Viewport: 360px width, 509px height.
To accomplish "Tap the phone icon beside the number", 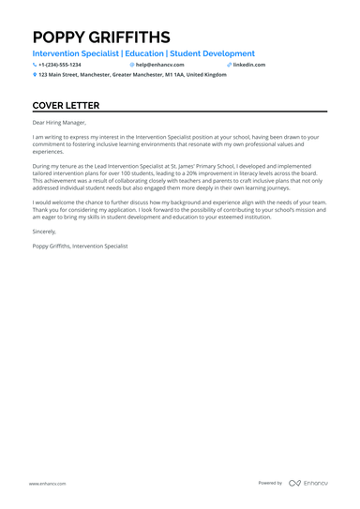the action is click(35, 65).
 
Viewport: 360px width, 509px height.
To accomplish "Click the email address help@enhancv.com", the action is click(160, 65).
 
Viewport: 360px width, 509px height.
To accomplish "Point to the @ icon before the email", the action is click(132, 65).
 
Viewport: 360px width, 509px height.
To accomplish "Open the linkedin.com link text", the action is click(249, 65).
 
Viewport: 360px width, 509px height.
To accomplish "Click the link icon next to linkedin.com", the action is click(229, 65).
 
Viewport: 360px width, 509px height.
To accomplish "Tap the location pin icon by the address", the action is click(35, 74).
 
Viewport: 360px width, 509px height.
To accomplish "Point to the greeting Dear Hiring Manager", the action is click(59, 122).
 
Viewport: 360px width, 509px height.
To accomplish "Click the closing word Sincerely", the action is click(45, 231).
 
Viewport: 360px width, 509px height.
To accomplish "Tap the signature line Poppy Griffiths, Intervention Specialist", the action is click(80, 246).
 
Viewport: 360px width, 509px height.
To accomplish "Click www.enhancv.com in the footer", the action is click(47, 483).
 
